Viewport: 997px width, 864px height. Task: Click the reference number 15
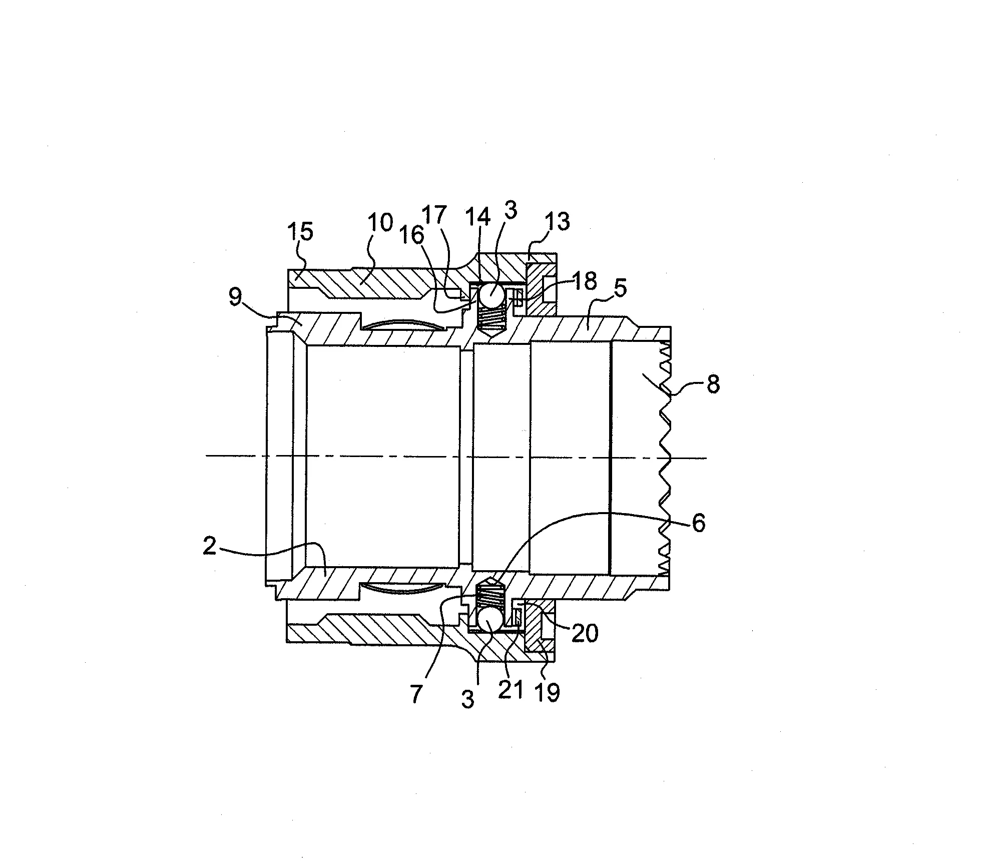tap(300, 232)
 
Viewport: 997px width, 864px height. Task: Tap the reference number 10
tap(380, 223)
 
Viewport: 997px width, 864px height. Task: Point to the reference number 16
tap(412, 235)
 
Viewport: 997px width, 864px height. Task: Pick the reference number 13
tap(557, 222)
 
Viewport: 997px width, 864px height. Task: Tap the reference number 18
tap(585, 281)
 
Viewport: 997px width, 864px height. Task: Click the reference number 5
tap(620, 288)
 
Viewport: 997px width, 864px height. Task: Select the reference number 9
tap(235, 298)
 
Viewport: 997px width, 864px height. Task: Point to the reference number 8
tap(713, 384)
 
